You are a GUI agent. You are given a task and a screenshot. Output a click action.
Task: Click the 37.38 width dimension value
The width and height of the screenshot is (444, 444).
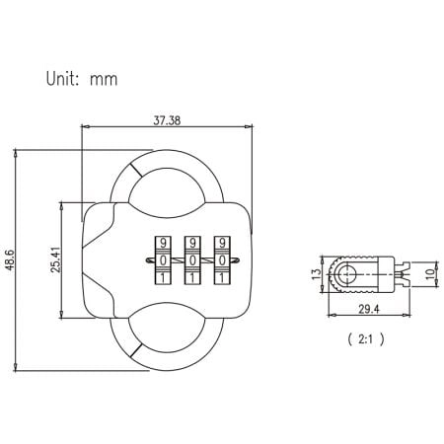[165, 119]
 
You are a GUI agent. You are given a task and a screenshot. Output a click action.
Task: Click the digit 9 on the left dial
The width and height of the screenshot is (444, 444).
[162, 243]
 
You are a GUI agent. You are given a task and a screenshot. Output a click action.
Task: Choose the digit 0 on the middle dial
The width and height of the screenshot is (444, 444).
[192, 259]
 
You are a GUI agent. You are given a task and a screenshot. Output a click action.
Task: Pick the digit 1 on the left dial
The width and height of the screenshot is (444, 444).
[162, 276]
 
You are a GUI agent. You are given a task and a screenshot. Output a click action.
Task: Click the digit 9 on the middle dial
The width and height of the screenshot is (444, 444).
[192, 243]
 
